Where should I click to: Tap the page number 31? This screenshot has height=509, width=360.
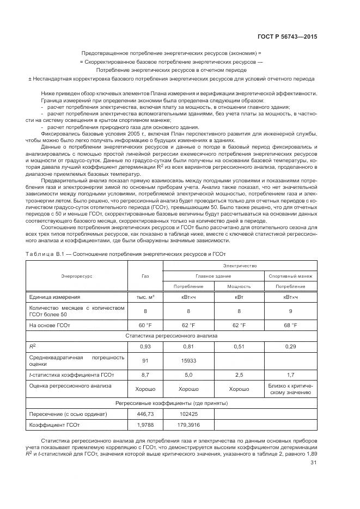pyautogui.click(x=313, y=463)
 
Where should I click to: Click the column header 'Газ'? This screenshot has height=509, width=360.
pyautogui.click(x=145, y=276)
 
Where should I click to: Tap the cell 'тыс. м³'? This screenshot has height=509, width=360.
pyautogui.click(x=145, y=297)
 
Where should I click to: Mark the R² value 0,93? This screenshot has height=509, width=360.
pyautogui.click(x=145, y=346)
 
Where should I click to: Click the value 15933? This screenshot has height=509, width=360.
pyautogui.click(x=189, y=360)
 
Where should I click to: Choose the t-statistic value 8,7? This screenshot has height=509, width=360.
pyautogui.click(x=145, y=375)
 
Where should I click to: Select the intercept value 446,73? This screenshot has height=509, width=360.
pyautogui.click(x=145, y=414)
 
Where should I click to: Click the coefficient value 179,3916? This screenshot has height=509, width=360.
pyautogui.click(x=189, y=425)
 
